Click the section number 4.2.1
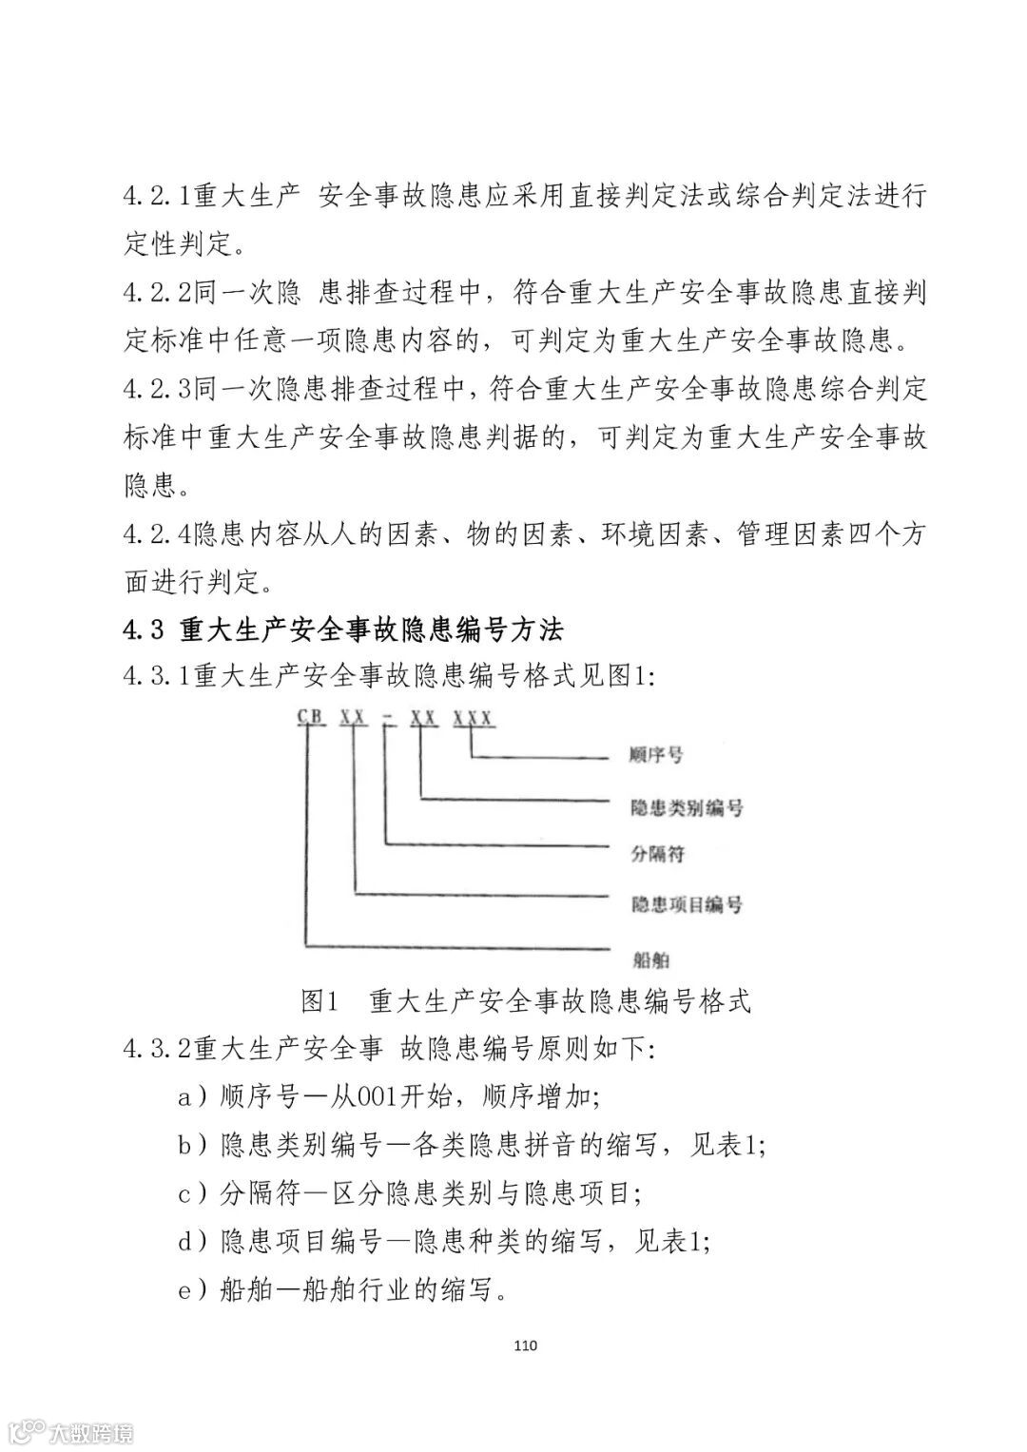click(x=158, y=198)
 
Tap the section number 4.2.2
click(x=158, y=292)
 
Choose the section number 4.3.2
click(x=158, y=1050)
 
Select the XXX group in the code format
click(x=473, y=718)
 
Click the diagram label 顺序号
click(x=657, y=757)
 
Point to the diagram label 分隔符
click(x=657, y=854)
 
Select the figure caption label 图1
click(x=320, y=1001)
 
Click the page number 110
click(x=525, y=1346)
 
